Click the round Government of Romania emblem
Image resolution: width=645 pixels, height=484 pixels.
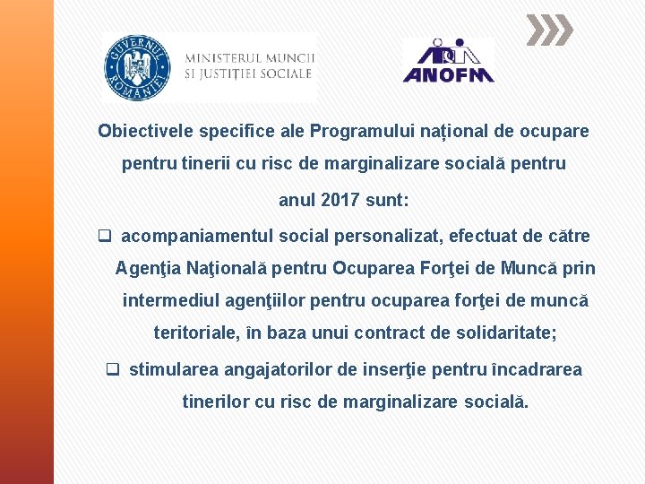pos(138,67)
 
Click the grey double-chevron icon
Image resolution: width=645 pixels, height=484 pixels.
pos(548,30)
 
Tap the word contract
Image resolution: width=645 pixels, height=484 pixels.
pos(388,333)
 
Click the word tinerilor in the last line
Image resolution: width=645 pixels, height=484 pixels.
pos(215,402)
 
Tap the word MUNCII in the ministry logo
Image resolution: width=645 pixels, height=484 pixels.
pos(287,56)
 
